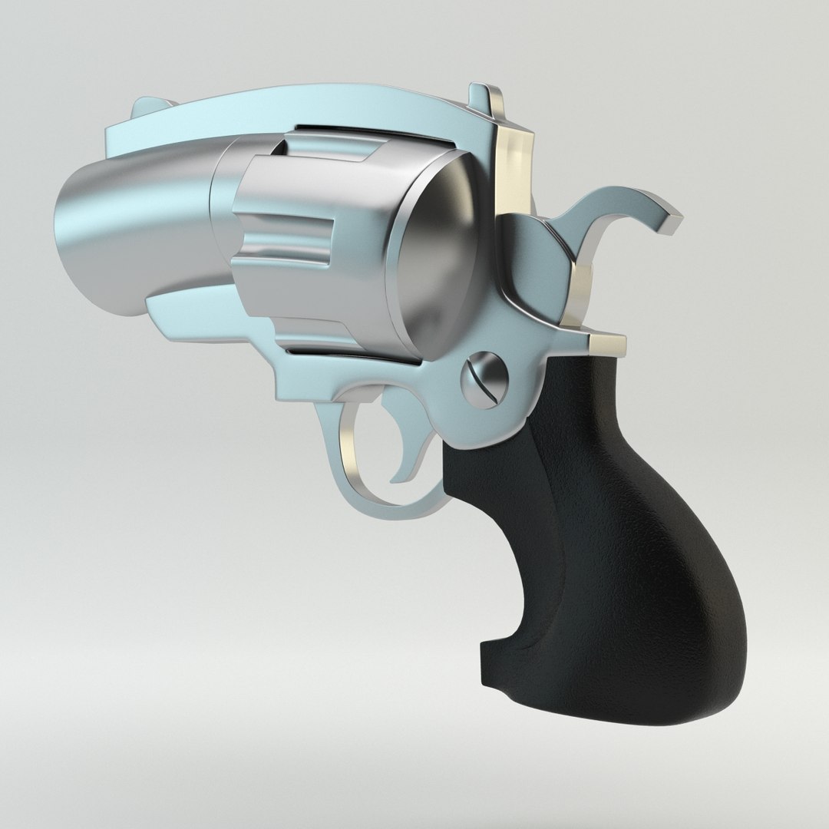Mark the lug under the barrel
192,315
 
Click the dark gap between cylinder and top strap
368,134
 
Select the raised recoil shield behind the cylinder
530,261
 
